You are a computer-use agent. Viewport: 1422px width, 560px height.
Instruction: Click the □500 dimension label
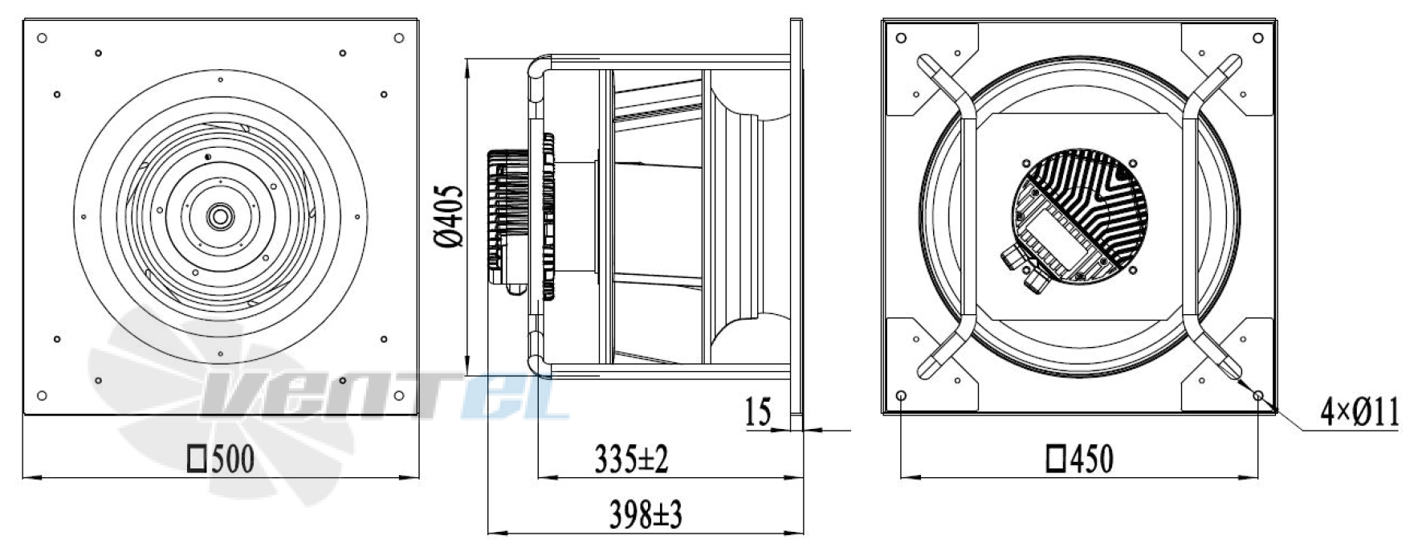(221, 460)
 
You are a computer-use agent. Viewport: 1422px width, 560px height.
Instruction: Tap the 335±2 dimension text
(632, 459)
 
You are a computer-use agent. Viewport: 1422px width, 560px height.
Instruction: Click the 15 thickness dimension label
(758, 412)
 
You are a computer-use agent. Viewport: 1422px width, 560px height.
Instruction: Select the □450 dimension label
(1080, 460)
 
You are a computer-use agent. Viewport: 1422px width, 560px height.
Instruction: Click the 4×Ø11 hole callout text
(1360, 413)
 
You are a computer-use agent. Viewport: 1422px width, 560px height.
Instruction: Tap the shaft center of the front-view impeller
(218, 216)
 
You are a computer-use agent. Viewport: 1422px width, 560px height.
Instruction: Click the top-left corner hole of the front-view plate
(43, 38)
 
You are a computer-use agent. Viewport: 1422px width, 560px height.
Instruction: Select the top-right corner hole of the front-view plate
(399, 38)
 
